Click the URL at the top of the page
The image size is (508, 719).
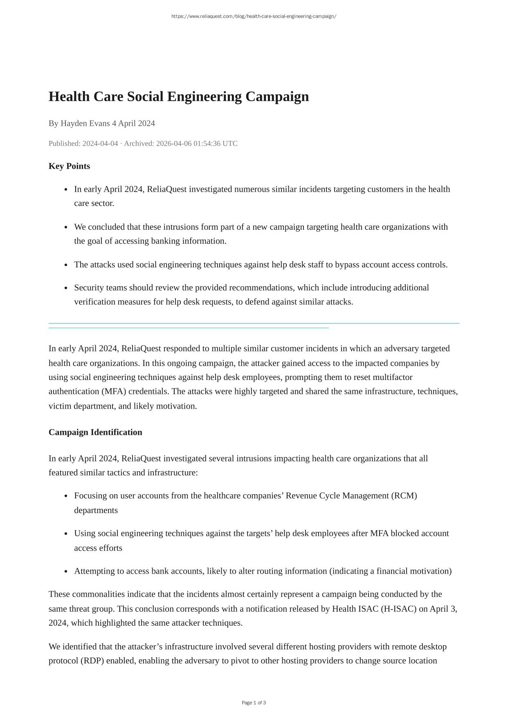tap(254, 16)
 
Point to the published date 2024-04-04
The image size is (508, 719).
tap(100, 143)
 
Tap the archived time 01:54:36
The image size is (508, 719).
tap(207, 143)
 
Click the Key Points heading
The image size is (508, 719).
tap(69, 166)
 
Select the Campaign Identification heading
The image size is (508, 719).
tap(95, 432)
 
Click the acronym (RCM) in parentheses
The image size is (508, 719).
tap(404, 496)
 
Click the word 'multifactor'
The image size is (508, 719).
tap(392, 377)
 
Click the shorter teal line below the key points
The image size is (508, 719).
tap(189, 328)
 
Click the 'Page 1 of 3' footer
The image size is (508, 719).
tap(254, 703)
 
